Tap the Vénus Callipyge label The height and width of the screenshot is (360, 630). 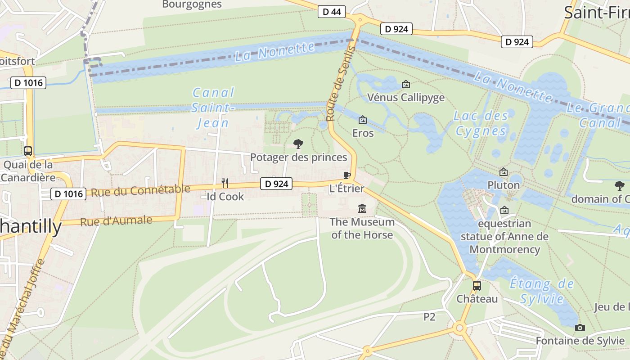(406, 97)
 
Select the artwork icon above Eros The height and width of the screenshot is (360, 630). (363, 120)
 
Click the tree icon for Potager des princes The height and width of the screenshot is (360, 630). (298, 144)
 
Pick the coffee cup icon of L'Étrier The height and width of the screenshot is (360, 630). (346, 175)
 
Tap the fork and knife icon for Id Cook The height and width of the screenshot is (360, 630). (225, 183)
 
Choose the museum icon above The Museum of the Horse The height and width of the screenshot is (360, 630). (362, 208)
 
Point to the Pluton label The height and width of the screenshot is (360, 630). (504, 185)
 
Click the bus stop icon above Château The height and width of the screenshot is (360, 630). (477, 285)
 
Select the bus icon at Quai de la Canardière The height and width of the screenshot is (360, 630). (28, 151)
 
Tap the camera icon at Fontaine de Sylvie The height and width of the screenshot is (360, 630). (580, 328)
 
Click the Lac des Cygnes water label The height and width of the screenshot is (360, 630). (481, 123)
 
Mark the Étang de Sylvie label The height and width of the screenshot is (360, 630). (542, 291)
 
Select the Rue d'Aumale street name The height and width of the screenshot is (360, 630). (116, 221)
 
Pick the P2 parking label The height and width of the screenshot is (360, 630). (429, 317)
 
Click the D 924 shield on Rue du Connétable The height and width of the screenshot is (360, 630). (276, 184)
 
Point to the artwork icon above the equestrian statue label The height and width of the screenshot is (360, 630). (504, 210)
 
